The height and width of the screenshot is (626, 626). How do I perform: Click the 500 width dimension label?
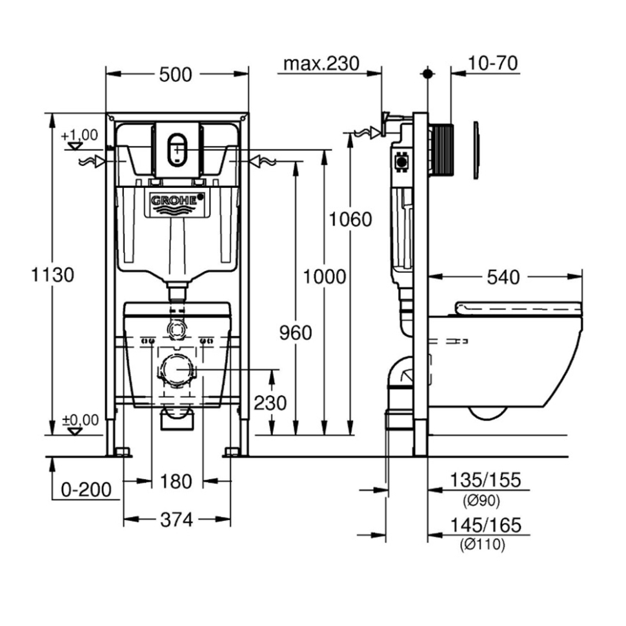pos(176,75)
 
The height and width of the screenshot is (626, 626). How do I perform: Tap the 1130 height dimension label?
pos(52,275)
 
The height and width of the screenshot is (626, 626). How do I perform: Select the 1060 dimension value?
pos(350,219)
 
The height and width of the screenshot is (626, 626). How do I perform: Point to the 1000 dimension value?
pos(324,277)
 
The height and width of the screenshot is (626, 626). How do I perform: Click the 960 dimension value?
pos(296,333)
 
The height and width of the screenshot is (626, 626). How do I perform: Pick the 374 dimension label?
pos(176,520)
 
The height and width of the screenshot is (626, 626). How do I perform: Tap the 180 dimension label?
pos(176,481)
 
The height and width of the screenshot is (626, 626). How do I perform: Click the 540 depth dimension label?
pos(503,278)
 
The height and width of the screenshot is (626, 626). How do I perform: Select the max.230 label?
pos(321,64)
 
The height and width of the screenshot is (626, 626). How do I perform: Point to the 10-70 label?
pos(492,63)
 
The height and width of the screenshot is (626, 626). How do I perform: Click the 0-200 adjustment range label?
pos(86,489)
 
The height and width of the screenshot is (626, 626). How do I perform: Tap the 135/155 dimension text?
pos(485,480)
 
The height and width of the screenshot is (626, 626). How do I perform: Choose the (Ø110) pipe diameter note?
pos(482,544)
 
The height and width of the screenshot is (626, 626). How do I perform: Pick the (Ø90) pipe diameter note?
pos(481,500)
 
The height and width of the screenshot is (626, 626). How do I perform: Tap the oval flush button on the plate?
pos(177,149)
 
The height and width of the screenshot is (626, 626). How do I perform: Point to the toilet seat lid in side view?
pos(518,308)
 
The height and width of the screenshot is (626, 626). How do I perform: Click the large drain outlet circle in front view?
pos(177,370)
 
